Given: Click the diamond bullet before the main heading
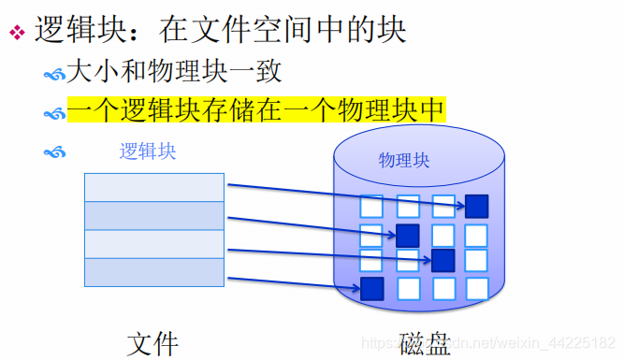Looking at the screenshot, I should pos(16,32).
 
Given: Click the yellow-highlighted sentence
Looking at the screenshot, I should pos(255,109).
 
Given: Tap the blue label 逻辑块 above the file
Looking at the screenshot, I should pos(148,151).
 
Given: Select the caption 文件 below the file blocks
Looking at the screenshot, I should pos(152,342).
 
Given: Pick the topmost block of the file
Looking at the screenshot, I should pos(154,187).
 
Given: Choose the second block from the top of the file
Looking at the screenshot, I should pos(154,215).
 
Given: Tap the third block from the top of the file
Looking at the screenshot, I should pos(154,243).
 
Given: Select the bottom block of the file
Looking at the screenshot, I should pos(154,271).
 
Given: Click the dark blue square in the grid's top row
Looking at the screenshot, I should pos(477,206).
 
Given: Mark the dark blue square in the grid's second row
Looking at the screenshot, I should pos(407,235).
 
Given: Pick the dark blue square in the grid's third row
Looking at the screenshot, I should pos(443,259).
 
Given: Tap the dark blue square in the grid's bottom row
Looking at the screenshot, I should pos(372,288).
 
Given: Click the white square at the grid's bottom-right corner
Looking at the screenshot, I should pos(477,288).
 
